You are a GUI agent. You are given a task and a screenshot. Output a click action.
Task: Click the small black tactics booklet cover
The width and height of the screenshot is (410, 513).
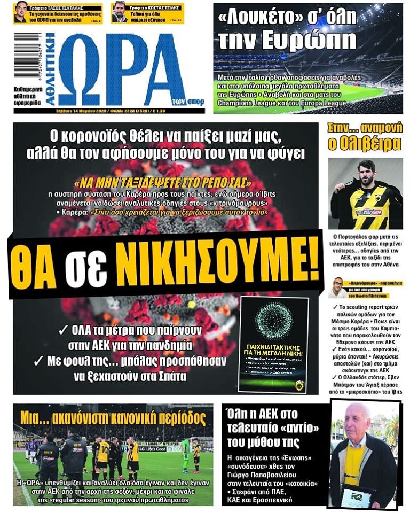273,344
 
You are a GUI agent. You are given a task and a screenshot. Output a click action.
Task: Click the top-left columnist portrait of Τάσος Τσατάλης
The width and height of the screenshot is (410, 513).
20,12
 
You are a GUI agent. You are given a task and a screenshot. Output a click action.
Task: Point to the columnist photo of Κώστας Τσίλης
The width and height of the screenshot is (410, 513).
120,12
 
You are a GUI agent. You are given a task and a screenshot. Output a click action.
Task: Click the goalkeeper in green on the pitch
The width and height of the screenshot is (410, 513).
185,454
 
